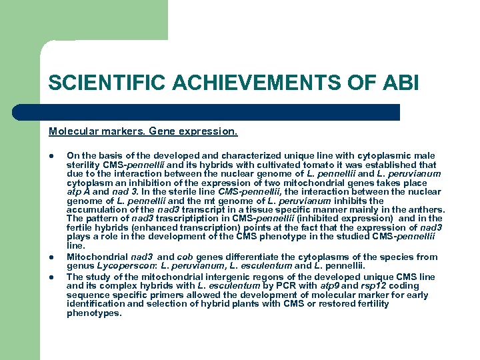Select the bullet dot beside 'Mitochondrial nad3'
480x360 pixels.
pos(51,257)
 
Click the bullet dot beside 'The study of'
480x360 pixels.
pos(51,277)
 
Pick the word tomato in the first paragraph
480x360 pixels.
pos(292,165)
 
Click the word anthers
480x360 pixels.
pos(425,209)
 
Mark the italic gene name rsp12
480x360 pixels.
pos(369,286)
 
